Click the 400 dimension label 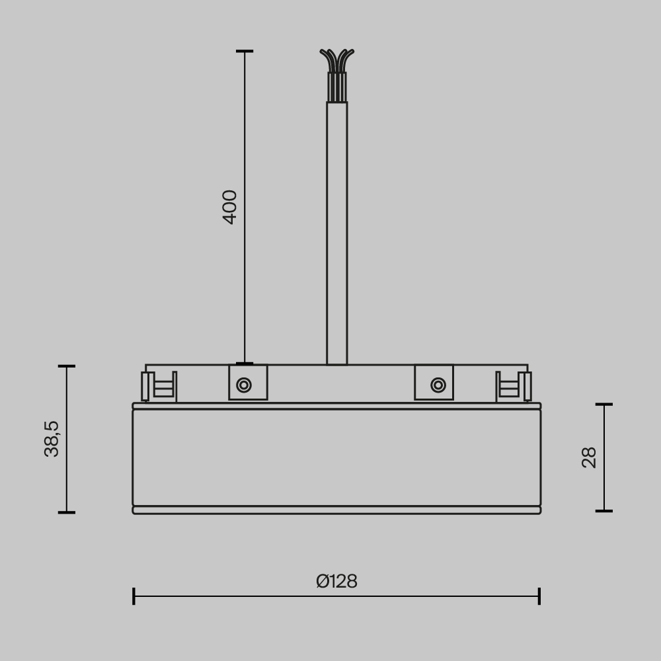[229, 207]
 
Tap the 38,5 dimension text [52, 439]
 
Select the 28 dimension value [589, 457]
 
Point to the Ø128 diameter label [336, 582]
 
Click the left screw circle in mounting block [244, 385]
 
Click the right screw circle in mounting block [438, 385]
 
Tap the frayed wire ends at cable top [337, 60]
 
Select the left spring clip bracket [159, 387]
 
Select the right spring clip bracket [514, 387]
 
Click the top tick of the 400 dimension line [245, 51]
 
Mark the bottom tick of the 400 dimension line [245, 363]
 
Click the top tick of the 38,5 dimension [67, 366]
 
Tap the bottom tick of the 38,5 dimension [67, 512]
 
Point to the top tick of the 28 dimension [604, 404]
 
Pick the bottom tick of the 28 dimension [604, 510]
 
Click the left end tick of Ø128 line [134, 596]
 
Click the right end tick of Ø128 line [539, 596]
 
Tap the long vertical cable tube [337, 231]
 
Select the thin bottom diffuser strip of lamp [336, 510]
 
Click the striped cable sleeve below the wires [337, 87]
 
